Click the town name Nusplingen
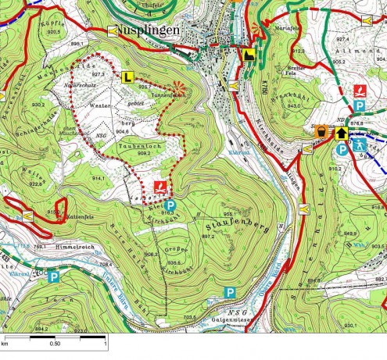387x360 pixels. (151, 31)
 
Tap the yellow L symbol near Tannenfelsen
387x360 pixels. (127, 77)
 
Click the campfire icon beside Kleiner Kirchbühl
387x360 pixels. (159, 187)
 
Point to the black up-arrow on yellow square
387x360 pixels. (341, 134)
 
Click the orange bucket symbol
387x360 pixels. (321, 134)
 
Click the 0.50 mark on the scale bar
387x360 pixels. (55, 342)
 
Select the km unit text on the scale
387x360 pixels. (5, 342)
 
